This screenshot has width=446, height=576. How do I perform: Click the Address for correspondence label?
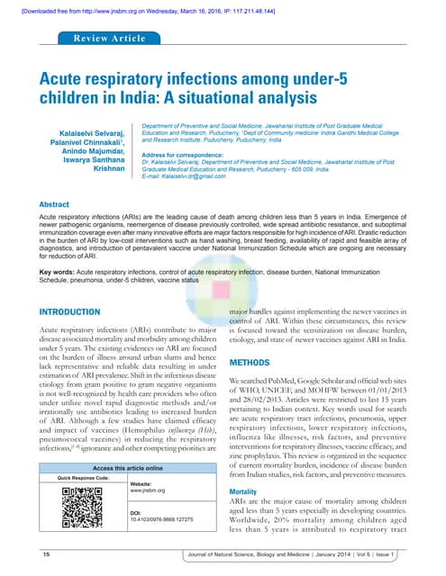pyautogui.click(x=174, y=157)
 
